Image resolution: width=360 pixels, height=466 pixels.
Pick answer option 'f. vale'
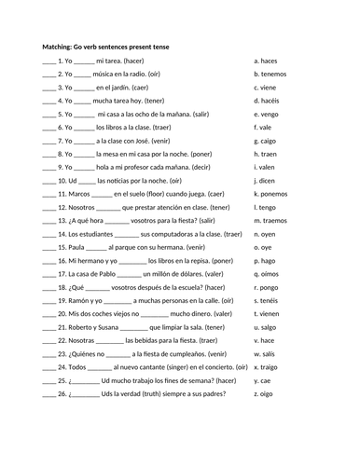(264, 126)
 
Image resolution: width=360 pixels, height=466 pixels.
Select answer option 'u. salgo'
(268, 327)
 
